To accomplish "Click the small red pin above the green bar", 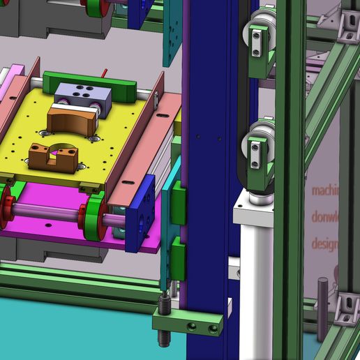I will coord(104,70).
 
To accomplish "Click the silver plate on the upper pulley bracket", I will coord(256,42).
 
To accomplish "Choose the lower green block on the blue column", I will coord(179,258).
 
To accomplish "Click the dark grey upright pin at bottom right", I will coord(323,292).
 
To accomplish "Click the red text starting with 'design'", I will coord(324,244).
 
